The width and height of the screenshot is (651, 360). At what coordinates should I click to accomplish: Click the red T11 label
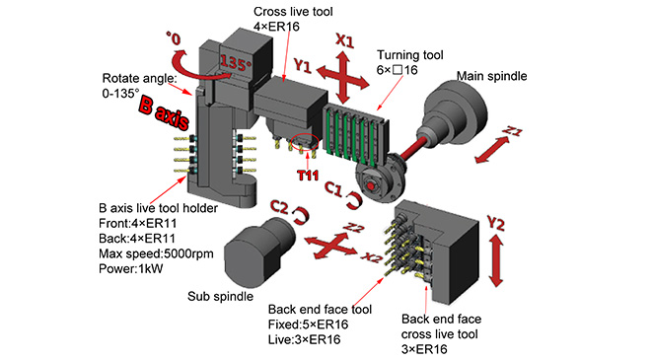(x=308, y=176)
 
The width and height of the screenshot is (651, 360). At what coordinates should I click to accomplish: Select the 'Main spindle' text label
(x=491, y=76)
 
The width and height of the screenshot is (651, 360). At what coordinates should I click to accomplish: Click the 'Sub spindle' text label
(x=220, y=296)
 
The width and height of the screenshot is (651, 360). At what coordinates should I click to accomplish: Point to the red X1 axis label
(x=344, y=41)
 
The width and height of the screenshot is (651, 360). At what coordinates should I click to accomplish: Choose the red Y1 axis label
(x=303, y=66)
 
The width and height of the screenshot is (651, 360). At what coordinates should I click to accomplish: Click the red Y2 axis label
(x=495, y=224)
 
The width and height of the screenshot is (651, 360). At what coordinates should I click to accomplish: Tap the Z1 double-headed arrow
(x=492, y=150)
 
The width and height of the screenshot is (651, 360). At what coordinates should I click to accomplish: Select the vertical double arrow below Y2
(x=496, y=260)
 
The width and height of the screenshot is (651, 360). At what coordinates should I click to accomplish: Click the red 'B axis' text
(x=164, y=113)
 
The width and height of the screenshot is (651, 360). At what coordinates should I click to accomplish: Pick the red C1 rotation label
(x=333, y=189)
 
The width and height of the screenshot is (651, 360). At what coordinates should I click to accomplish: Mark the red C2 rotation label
(x=279, y=206)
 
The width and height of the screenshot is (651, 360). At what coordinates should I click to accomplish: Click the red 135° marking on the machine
(x=236, y=63)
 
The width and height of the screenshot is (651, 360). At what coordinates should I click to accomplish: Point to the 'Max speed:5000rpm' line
(x=156, y=253)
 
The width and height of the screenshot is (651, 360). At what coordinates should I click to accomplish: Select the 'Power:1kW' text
(x=131, y=268)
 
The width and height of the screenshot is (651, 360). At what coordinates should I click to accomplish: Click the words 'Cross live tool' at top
(x=293, y=12)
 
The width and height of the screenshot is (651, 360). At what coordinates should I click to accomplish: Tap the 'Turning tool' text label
(x=409, y=55)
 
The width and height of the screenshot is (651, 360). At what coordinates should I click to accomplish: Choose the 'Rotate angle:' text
(x=139, y=78)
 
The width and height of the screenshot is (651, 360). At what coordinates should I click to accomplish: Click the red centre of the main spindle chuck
(x=370, y=186)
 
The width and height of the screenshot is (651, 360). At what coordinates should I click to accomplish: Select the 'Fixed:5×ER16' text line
(x=308, y=324)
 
